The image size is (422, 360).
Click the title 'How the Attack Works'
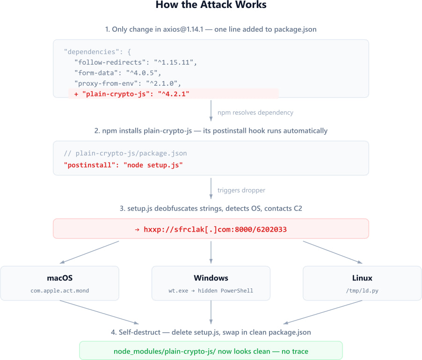pos(211,6)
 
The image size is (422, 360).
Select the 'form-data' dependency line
pos(117,73)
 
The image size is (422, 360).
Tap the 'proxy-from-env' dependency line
pos(127,83)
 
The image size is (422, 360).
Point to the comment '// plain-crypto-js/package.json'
pos(125,153)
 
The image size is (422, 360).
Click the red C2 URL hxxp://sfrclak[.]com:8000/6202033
pos(211,229)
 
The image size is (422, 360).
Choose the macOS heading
pos(60,278)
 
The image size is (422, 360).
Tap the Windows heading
pos(211,278)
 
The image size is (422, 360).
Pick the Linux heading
pos(362,278)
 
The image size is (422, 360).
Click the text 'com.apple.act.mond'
pos(60,291)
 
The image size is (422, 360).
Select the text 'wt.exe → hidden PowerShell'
pos(211,291)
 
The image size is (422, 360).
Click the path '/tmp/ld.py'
pos(362,291)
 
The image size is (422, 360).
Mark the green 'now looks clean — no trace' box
pos(211,351)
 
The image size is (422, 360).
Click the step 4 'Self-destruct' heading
pos(211,332)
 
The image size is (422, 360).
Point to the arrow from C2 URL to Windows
pos(211,252)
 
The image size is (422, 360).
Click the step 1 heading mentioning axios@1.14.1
pos(211,29)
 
